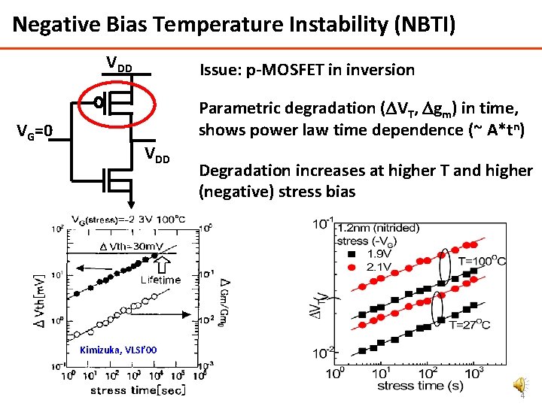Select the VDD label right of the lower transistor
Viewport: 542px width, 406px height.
coord(157,159)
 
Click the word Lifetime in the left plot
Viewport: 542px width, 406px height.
coord(160,280)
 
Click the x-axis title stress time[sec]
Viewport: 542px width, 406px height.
coord(128,390)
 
